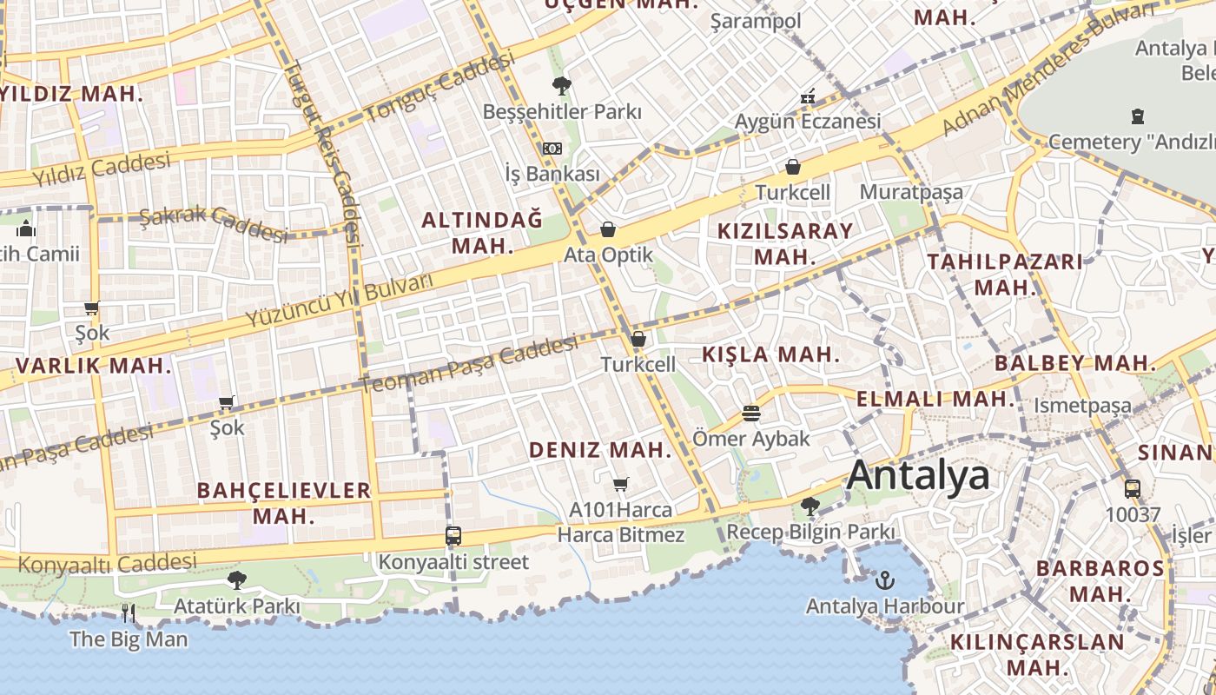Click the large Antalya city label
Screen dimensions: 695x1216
(x=918, y=476)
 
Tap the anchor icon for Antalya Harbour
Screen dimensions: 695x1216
(x=885, y=579)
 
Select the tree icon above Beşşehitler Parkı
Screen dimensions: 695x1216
(x=561, y=85)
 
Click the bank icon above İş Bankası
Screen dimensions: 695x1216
(x=552, y=149)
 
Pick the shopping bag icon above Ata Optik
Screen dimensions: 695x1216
(x=608, y=229)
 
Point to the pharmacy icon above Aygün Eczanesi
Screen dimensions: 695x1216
(x=808, y=96)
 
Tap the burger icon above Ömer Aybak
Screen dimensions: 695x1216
(x=751, y=413)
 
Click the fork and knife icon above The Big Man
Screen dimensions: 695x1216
(x=129, y=613)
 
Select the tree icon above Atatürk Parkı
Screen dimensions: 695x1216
(x=236, y=579)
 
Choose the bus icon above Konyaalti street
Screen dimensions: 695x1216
(x=453, y=535)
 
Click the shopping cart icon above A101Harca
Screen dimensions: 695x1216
(x=620, y=484)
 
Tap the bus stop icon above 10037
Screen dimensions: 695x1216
(x=1133, y=488)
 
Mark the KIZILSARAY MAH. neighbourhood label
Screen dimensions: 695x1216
(x=785, y=243)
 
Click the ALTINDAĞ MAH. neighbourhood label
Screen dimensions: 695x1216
(x=482, y=232)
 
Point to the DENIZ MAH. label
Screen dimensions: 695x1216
(x=600, y=449)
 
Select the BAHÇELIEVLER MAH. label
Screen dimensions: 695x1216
(x=284, y=502)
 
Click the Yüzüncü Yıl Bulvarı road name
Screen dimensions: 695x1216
(x=338, y=301)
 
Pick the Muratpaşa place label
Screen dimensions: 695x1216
(x=911, y=192)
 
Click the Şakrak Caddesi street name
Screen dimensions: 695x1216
(x=214, y=223)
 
